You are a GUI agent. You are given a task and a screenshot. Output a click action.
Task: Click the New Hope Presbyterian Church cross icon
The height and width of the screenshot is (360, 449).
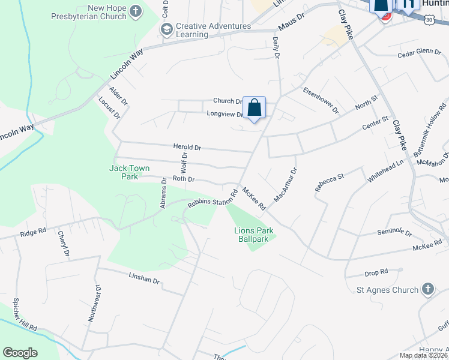pyautogui.click(x=136, y=11)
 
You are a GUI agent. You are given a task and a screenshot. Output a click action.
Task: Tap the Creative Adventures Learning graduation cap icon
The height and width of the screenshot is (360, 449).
pyautogui.click(x=166, y=28)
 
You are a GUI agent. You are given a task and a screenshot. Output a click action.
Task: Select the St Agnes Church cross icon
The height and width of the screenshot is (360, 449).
pyautogui.click(x=427, y=289)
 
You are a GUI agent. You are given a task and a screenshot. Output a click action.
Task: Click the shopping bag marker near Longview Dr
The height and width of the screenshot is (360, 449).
pyautogui.click(x=255, y=108)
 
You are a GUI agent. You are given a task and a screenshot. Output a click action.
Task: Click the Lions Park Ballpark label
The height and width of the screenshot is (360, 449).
pyautogui.click(x=251, y=235)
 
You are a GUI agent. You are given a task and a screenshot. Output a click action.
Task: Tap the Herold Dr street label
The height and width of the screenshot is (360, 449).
pyautogui.click(x=187, y=147)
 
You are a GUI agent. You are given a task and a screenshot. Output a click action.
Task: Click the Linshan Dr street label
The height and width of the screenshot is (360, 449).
pyautogui.click(x=144, y=280)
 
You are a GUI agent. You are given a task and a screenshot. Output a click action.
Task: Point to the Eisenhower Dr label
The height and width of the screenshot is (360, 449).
pyautogui.click(x=321, y=101)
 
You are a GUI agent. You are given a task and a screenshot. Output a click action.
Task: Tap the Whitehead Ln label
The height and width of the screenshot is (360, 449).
pyautogui.click(x=386, y=171)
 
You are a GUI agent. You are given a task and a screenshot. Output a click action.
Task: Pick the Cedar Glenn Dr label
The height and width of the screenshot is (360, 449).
pyautogui.click(x=420, y=53)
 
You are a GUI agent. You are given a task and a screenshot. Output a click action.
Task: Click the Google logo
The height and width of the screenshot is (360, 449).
pyautogui.click(x=20, y=353)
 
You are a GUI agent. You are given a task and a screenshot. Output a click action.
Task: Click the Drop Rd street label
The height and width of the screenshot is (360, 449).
pyautogui.click(x=376, y=273)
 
